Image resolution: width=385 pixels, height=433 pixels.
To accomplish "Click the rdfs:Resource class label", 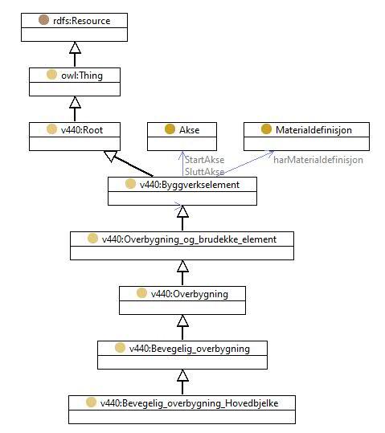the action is [x=81, y=21].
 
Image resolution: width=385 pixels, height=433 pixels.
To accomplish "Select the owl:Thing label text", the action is [x=82, y=76].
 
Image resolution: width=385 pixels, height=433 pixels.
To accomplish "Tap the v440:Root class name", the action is [x=82, y=130].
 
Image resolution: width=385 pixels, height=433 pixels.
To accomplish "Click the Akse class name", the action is [x=190, y=130].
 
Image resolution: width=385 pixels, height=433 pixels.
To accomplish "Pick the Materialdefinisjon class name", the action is [x=313, y=130].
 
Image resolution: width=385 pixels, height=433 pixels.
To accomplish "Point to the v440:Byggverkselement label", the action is [x=190, y=185].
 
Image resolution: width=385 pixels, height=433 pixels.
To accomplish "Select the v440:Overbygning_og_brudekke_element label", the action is [x=189, y=239].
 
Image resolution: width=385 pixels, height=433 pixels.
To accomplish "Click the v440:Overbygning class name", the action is [x=190, y=294].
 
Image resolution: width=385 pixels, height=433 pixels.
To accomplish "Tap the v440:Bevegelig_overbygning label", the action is [x=190, y=349].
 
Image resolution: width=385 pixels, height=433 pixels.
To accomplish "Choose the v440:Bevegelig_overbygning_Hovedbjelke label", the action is [x=190, y=403].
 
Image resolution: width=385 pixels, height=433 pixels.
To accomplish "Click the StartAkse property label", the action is [x=204, y=160].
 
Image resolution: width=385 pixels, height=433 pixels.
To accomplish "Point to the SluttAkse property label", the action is [x=204, y=171].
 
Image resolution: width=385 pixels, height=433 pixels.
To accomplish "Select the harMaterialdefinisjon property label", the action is [x=318, y=160].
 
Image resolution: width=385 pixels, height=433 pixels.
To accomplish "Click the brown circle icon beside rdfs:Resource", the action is [x=43, y=19].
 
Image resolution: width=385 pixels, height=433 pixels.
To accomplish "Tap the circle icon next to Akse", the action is [x=170, y=129].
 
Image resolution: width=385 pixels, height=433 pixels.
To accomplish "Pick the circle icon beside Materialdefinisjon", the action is [x=266, y=129].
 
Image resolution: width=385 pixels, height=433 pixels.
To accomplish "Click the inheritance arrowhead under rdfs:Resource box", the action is [x=75, y=47].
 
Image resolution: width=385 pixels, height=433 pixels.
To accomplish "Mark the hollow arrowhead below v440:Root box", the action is [x=111, y=156].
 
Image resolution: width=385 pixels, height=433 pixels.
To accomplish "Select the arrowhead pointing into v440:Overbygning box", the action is [x=182, y=321].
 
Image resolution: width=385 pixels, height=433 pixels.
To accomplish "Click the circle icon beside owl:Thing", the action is [x=51, y=74].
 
